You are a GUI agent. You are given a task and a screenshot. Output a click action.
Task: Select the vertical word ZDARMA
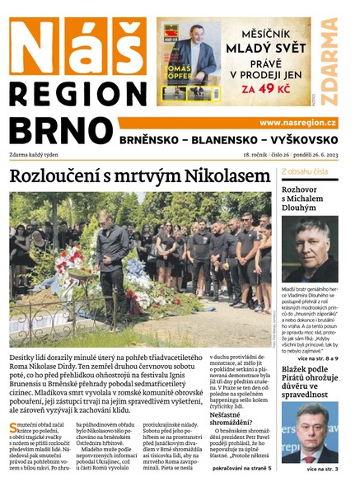pos(330,61)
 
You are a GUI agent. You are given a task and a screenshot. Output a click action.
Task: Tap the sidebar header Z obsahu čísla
pos(305,171)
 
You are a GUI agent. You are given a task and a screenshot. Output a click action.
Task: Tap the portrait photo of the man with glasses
pos(310,432)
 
